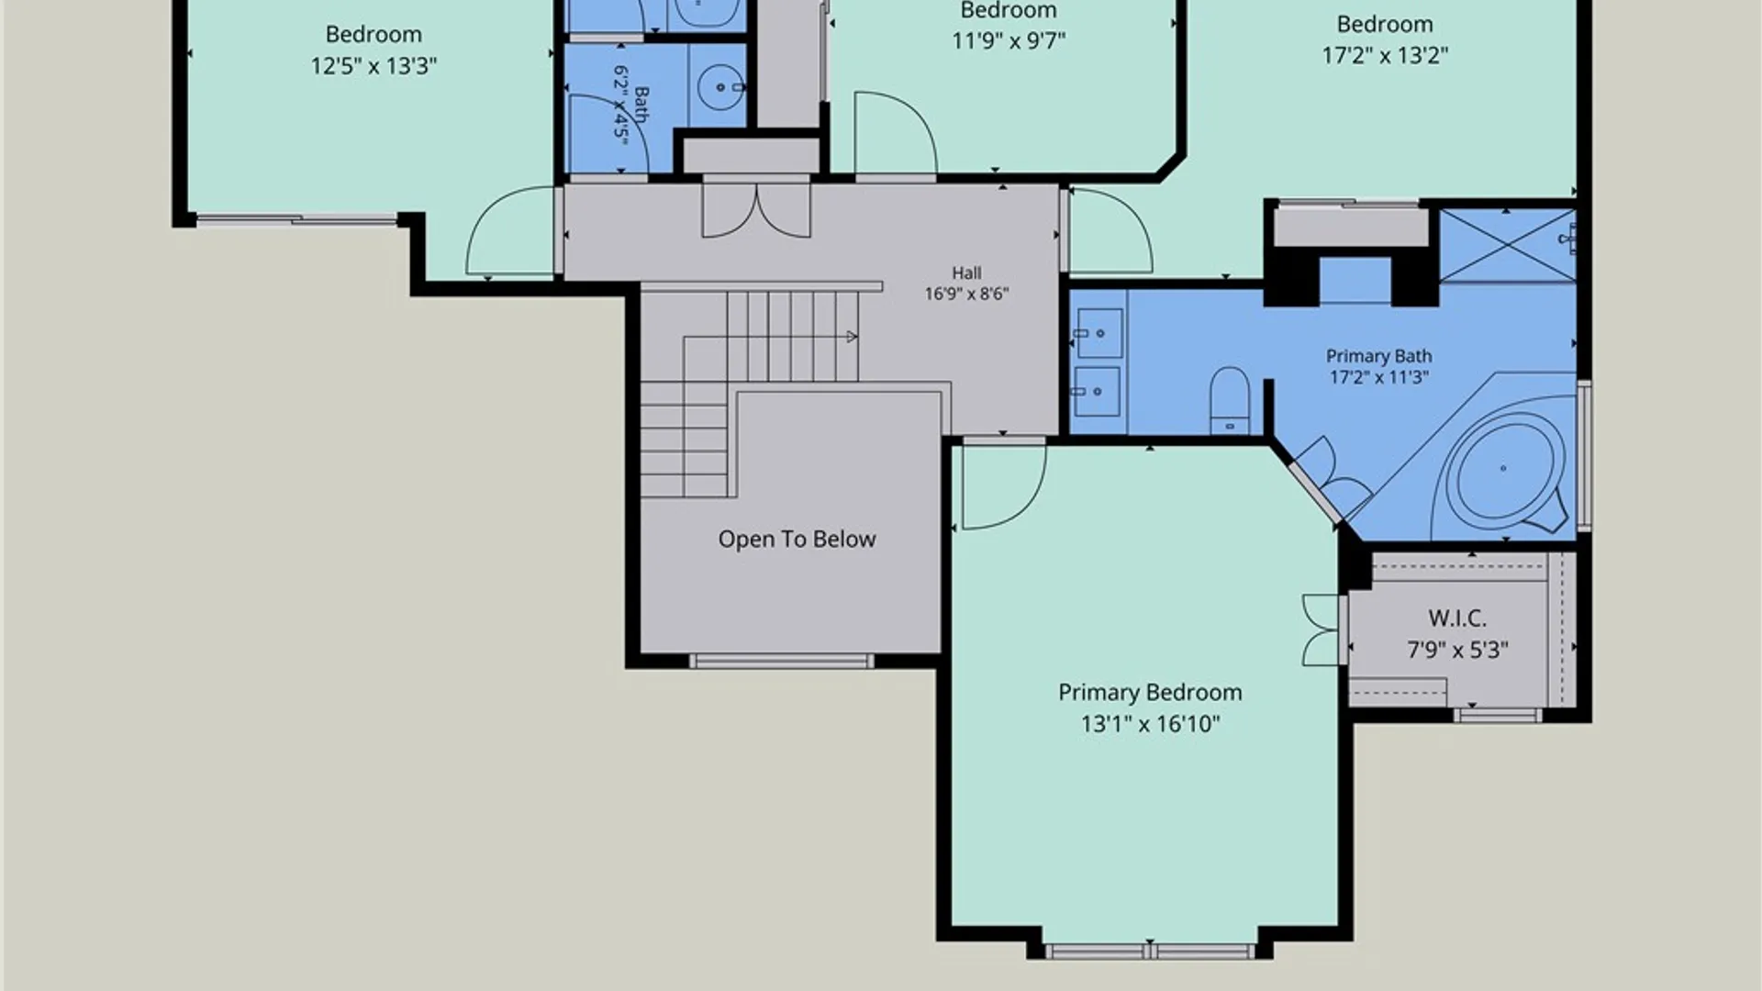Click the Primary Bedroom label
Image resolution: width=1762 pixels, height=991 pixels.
click(x=1150, y=693)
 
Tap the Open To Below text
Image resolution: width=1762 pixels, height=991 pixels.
click(x=797, y=540)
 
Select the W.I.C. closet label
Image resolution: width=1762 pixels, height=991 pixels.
click(x=1457, y=618)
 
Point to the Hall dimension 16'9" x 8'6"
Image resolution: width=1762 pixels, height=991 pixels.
click(x=966, y=294)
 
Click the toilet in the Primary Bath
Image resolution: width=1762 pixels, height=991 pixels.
click(x=1230, y=400)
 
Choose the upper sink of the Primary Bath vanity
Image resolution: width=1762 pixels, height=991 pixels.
click(x=1098, y=333)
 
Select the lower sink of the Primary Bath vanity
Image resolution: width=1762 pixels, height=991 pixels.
click(x=1097, y=392)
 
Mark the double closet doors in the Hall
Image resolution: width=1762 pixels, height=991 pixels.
click(x=756, y=209)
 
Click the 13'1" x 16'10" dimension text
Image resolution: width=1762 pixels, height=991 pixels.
click(x=1150, y=724)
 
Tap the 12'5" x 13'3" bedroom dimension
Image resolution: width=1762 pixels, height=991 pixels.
click(x=374, y=66)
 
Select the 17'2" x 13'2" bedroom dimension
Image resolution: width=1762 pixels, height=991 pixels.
click(x=1385, y=55)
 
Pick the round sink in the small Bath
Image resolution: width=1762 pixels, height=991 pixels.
click(x=720, y=87)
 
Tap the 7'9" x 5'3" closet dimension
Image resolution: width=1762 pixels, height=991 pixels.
click(x=1457, y=650)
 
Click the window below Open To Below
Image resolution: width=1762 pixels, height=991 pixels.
click(x=781, y=661)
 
